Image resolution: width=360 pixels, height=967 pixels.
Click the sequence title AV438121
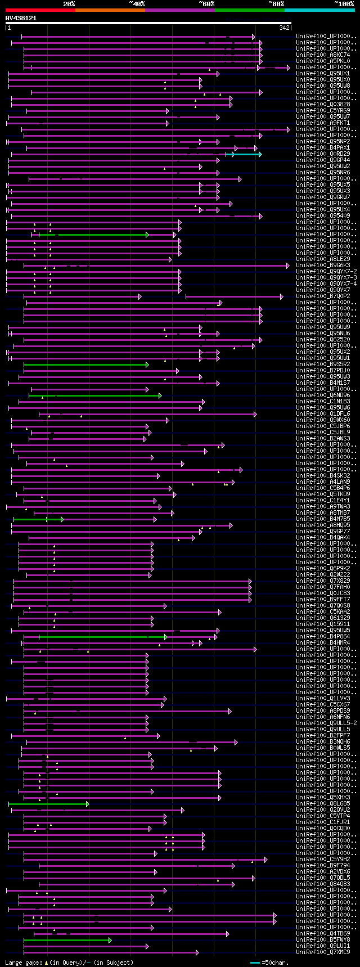click(x=21, y=18)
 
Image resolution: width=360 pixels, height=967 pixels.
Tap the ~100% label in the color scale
click(x=344, y=3)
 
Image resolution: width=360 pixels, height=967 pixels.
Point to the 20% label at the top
click(x=69, y=3)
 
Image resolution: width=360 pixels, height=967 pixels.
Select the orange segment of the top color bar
click(x=110, y=10)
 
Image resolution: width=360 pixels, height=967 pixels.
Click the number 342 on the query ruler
click(x=284, y=28)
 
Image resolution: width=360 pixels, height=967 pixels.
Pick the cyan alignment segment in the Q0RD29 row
click(x=246, y=154)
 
